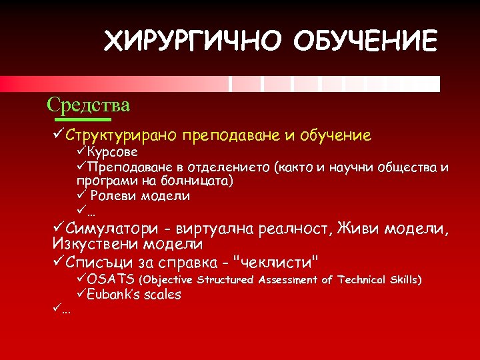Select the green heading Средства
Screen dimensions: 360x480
point(89,105)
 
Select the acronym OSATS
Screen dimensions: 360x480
point(111,279)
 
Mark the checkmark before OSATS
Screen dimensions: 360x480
point(81,279)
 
